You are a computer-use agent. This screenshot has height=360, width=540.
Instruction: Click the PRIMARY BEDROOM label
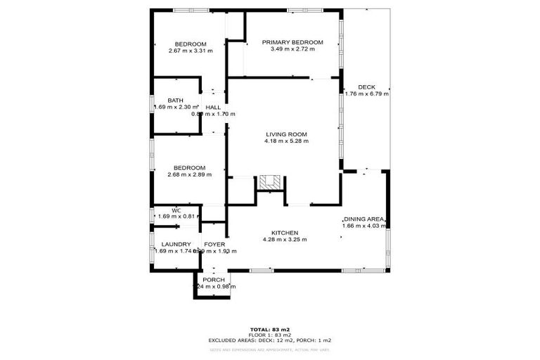pyautogui.click(x=292, y=42)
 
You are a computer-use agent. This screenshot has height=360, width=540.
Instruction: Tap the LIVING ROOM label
pyautogui.click(x=286, y=134)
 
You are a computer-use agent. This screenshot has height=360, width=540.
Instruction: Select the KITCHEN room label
pyautogui.click(x=285, y=233)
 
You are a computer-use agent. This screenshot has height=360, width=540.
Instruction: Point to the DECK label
pyautogui.click(x=366, y=86)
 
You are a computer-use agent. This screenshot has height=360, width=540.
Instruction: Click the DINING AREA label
pyautogui.click(x=364, y=219)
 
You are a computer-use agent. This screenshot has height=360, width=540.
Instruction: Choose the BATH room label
pyautogui.click(x=175, y=100)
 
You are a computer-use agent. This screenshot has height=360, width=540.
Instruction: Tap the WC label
pyautogui.click(x=176, y=210)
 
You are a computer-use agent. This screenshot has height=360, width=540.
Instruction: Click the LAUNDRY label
pyautogui.click(x=172, y=244)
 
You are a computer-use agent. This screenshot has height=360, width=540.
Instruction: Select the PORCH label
pyautogui.click(x=214, y=280)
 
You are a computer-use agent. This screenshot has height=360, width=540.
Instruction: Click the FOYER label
pyautogui.click(x=214, y=244)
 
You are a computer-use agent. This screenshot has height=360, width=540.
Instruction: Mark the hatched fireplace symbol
pyautogui.click(x=268, y=182)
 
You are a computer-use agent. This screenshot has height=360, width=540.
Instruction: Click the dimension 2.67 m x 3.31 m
pyautogui.click(x=191, y=51)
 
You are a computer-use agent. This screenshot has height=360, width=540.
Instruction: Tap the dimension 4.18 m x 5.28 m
pyautogui.click(x=286, y=141)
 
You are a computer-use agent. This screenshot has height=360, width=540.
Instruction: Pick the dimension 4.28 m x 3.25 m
pyautogui.click(x=285, y=240)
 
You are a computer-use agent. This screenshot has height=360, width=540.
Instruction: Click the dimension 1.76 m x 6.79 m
pyautogui.click(x=366, y=94)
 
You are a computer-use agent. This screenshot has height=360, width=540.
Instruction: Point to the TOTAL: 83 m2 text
pyautogui.click(x=270, y=329)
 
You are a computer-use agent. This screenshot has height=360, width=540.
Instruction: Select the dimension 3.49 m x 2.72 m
pyautogui.click(x=292, y=49)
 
